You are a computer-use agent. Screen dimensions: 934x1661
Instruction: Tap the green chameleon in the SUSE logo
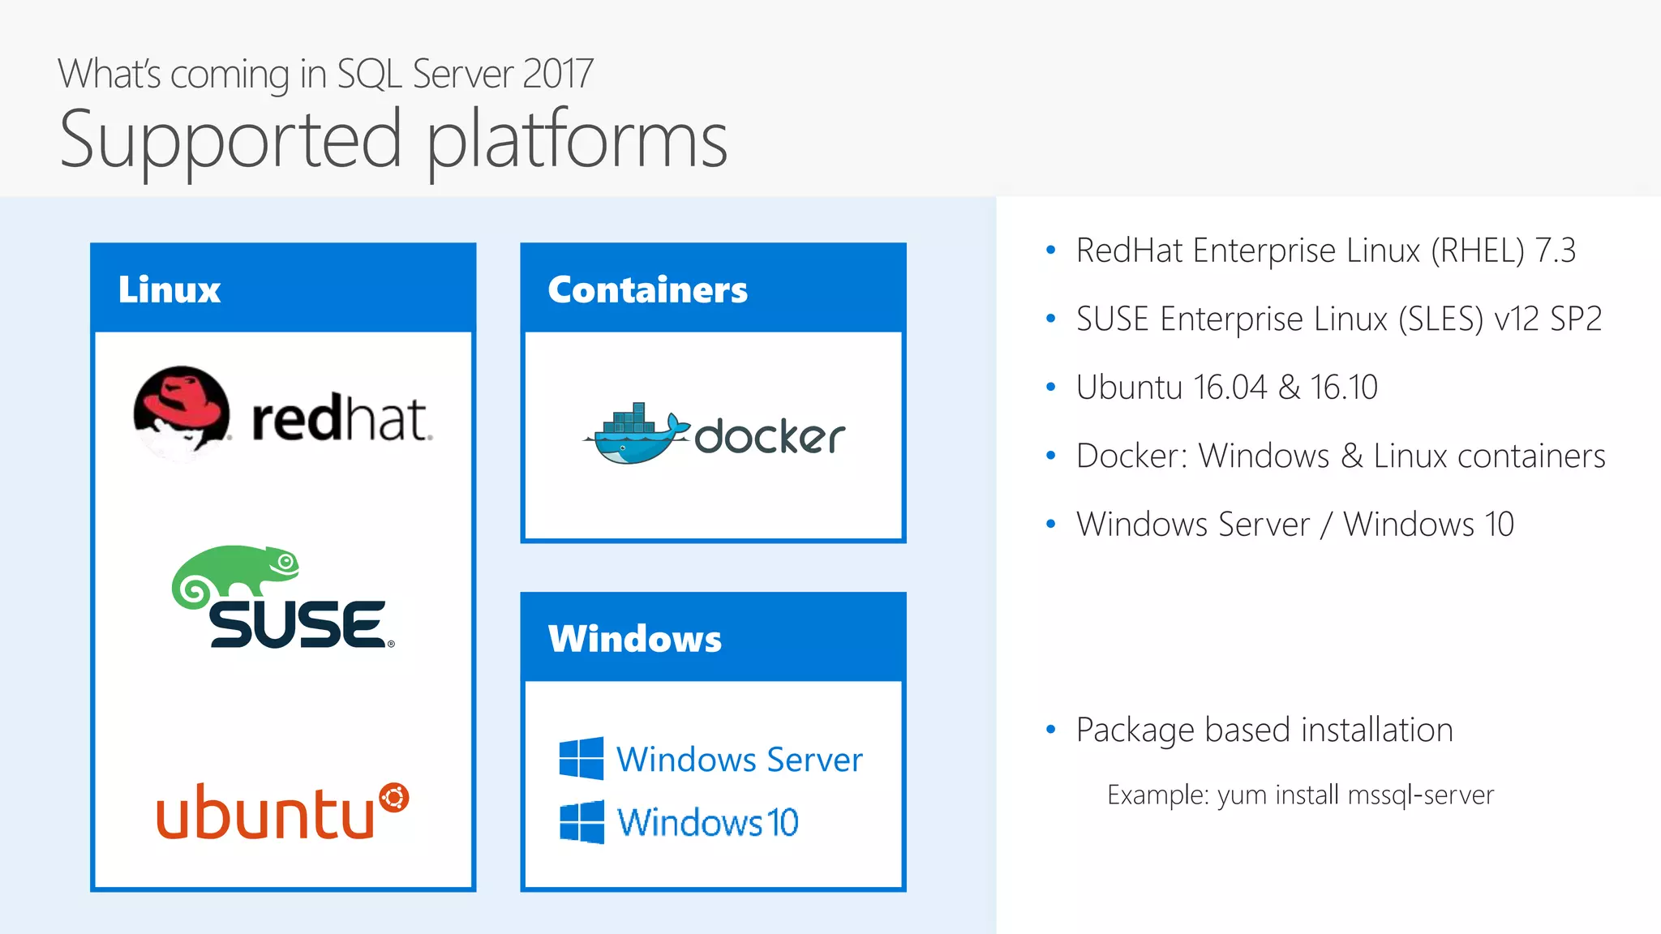(x=235, y=571)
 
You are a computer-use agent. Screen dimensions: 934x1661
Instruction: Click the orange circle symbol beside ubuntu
(x=394, y=798)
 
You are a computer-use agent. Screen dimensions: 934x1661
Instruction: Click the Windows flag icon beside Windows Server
(x=582, y=759)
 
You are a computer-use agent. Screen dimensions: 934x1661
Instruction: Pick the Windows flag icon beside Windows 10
(x=582, y=821)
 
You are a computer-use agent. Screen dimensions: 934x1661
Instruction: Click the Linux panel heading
(x=170, y=289)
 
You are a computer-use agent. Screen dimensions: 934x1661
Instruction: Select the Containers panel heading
(x=647, y=289)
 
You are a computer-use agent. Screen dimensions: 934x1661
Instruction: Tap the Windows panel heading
(x=634, y=639)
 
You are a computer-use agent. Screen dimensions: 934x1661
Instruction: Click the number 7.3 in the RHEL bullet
(x=1555, y=251)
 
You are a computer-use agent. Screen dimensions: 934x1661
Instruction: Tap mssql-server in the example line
(x=1420, y=795)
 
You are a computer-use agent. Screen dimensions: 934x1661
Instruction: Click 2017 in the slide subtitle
(x=558, y=75)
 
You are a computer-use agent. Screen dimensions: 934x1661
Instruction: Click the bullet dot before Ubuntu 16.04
(x=1051, y=388)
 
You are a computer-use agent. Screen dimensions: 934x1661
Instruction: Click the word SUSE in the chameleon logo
(x=297, y=624)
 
